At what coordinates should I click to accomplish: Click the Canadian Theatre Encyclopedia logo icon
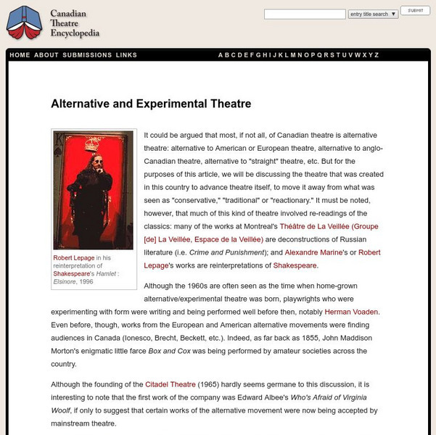click(24, 23)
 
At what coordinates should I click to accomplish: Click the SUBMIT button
click(415, 12)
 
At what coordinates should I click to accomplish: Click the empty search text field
click(304, 14)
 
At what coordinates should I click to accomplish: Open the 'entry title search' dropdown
click(373, 14)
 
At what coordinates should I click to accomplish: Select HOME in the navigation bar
click(20, 55)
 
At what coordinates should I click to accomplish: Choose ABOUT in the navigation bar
click(46, 55)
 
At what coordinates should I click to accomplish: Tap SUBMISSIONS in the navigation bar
click(88, 55)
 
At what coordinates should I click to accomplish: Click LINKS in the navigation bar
click(126, 55)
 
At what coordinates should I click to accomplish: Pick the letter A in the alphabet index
click(221, 55)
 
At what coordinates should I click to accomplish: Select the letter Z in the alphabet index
click(377, 55)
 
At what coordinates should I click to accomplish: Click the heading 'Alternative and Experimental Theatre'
click(151, 104)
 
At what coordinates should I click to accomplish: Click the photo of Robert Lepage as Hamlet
click(94, 190)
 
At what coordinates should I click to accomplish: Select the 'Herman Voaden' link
click(352, 311)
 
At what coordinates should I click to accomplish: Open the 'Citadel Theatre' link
click(170, 384)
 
